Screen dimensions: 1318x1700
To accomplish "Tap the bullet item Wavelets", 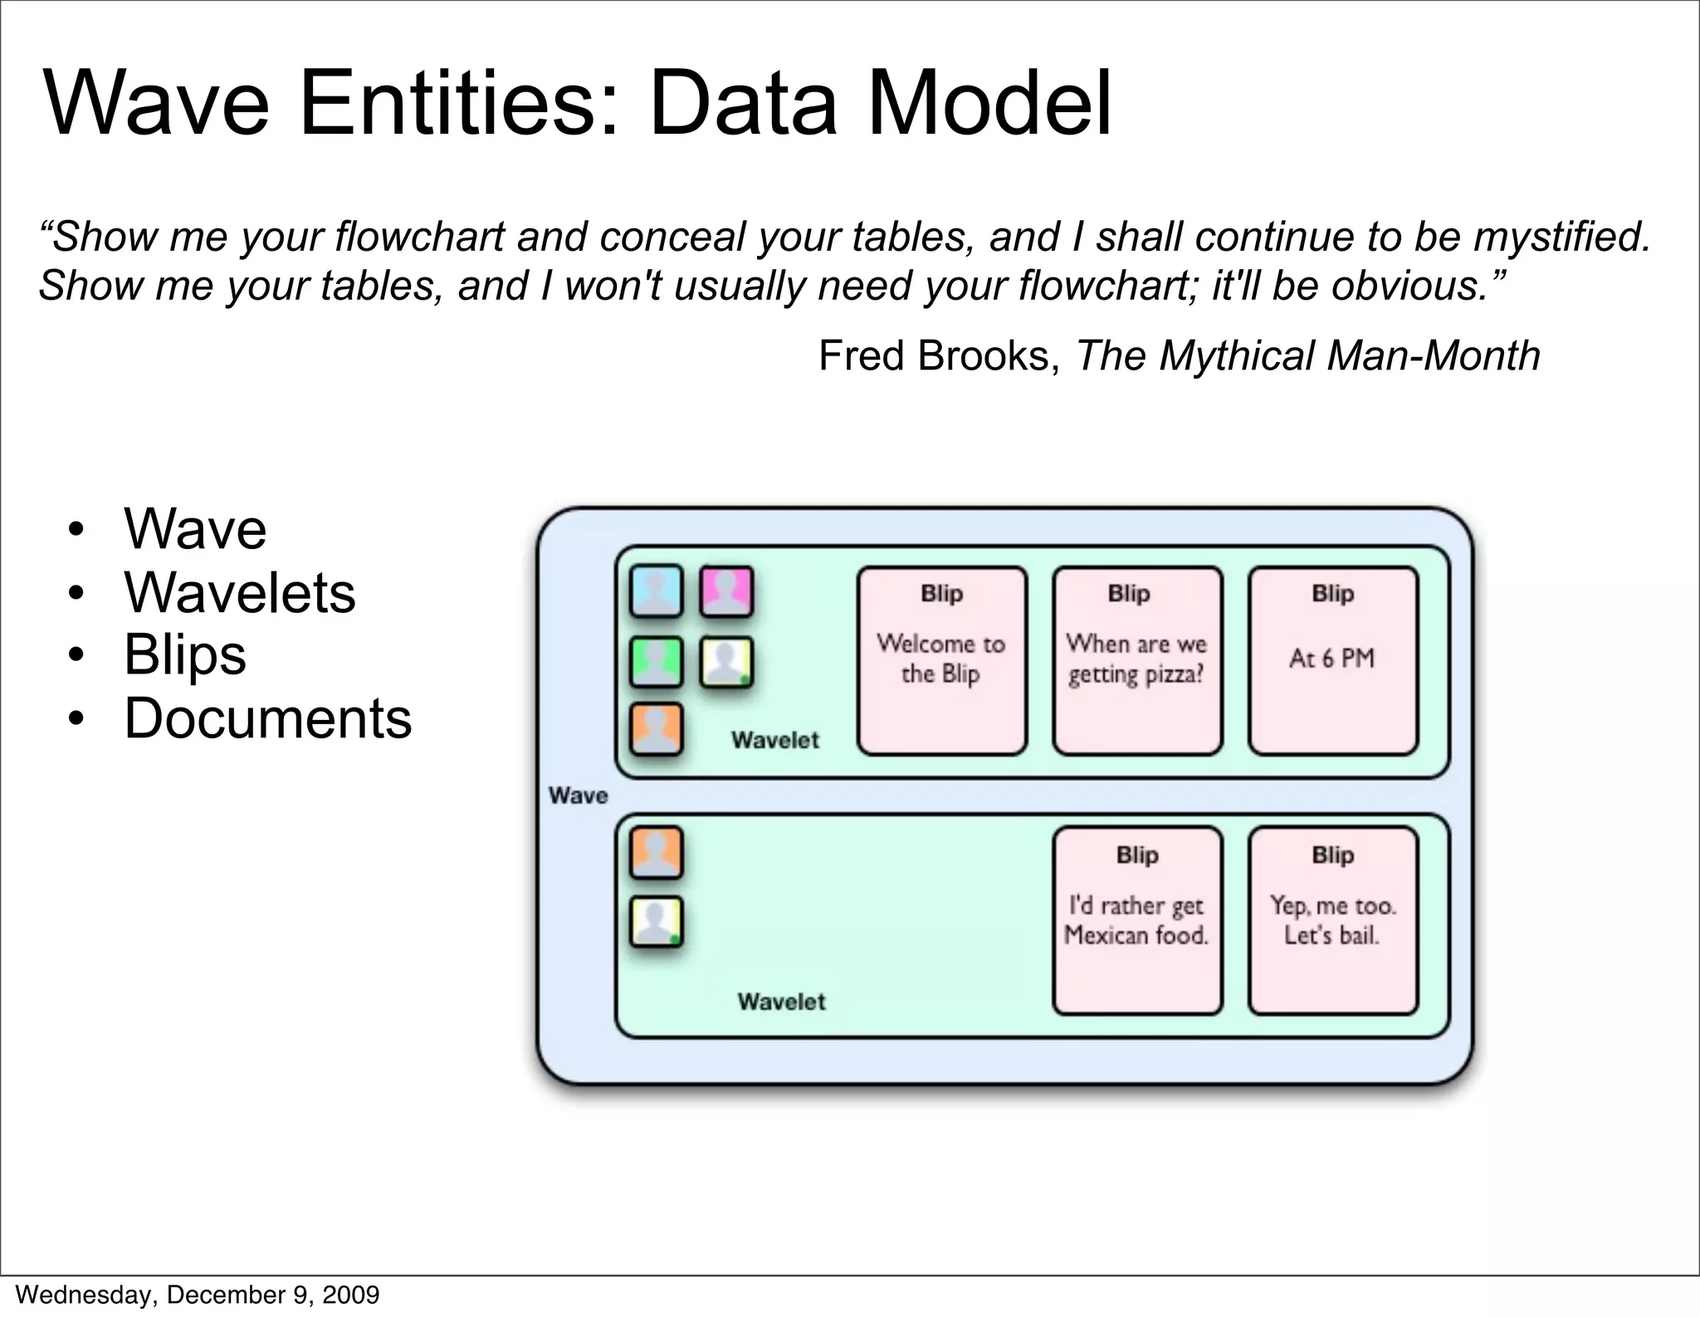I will tap(239, 593).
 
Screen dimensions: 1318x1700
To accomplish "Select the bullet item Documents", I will tap(267, 718).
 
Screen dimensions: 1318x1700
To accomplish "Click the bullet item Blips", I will tap(184, 655).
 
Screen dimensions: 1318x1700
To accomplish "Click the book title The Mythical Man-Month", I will tap(1308, 356).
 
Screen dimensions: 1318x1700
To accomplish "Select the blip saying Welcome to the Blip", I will tap(941, 660).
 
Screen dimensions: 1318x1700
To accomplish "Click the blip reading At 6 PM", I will tap(1332, 660).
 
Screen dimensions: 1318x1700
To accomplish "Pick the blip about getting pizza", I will tap(1137, 660).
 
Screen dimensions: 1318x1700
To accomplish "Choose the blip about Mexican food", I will tap(1137, 921).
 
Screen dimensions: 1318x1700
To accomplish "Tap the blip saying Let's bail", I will tap(1332, 921).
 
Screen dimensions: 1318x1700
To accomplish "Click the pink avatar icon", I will tap(726, 592).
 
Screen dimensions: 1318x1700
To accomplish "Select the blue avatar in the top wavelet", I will tap(656, 592).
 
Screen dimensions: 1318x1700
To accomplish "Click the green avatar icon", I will tap(656, 662).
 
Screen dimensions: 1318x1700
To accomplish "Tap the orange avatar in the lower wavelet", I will tap(656, 853).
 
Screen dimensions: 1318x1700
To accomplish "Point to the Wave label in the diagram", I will tap(578, 796).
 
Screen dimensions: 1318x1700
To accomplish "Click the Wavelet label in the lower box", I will tap(781, 1002).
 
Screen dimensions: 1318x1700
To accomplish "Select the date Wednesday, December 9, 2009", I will tap(198, 1295).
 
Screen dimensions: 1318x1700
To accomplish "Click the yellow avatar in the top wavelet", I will tap(726, 662).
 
